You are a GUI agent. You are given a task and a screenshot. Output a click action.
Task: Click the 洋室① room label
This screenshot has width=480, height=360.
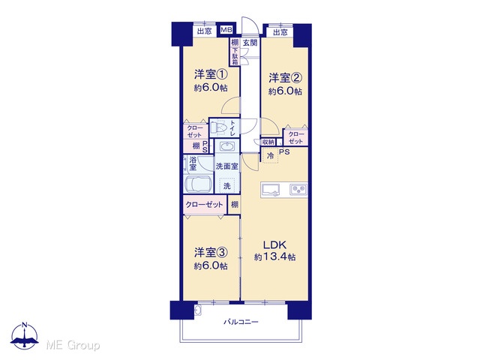point(211,74)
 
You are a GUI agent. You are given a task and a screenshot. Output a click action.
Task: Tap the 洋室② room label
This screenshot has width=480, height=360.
point(285,78)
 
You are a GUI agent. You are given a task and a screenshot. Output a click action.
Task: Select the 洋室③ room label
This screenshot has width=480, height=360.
point(211,253)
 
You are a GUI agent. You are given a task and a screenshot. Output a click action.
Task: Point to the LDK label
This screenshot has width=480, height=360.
point(275,245)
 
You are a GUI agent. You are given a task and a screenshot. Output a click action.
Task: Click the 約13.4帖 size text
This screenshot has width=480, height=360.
point(275,256)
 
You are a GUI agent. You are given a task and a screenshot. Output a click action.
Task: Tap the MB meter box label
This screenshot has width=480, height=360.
point(226,30)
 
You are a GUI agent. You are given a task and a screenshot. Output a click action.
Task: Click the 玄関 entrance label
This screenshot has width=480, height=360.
point(250,43)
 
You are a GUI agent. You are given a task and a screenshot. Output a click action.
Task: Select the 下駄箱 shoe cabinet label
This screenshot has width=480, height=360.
point(235,56)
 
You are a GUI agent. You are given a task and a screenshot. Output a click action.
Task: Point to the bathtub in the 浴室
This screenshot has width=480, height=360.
point(198,184)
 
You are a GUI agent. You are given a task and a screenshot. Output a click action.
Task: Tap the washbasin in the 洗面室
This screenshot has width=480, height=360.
point(226,147)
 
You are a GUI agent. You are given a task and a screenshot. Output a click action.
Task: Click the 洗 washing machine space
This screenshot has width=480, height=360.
point(226,185)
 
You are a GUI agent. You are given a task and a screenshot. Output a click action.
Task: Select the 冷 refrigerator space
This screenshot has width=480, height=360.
point(271,155)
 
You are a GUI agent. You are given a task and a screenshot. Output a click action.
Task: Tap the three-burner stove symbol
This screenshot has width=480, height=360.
point(298,190)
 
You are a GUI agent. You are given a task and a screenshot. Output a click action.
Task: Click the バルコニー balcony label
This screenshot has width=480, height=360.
point(241,322)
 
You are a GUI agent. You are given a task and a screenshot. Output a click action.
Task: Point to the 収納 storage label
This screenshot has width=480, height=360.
point(268,142)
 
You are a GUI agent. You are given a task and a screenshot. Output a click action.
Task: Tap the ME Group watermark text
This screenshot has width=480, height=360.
point(73,345)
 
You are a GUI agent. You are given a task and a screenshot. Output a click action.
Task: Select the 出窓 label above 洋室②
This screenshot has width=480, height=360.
point(280,32)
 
